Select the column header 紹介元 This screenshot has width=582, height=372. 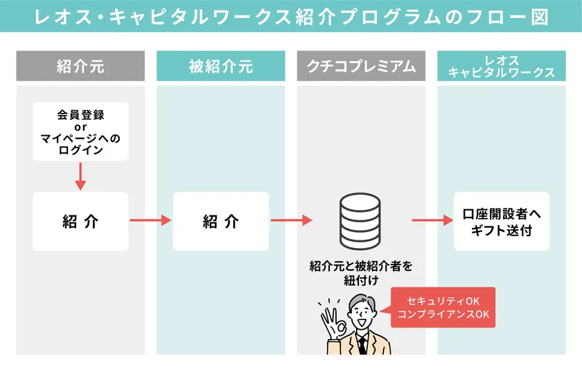[80, 67]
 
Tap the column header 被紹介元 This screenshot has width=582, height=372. [220, 67]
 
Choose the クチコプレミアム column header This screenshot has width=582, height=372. [361, 67]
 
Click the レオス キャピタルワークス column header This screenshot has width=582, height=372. [501, 67]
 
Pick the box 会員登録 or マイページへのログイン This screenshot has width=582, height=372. [80, 132]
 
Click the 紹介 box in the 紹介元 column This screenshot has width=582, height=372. [80, 221]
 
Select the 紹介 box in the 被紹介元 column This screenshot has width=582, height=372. [220, 221]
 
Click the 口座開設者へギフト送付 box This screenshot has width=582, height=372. [501, 222]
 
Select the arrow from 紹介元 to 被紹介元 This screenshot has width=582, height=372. [150, 221]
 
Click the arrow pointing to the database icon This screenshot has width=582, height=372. [291, 221]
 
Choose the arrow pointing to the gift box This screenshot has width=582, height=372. [432, 221]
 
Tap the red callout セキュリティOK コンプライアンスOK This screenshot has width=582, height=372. [443, 308]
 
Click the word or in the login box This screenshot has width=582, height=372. [80, 127]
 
